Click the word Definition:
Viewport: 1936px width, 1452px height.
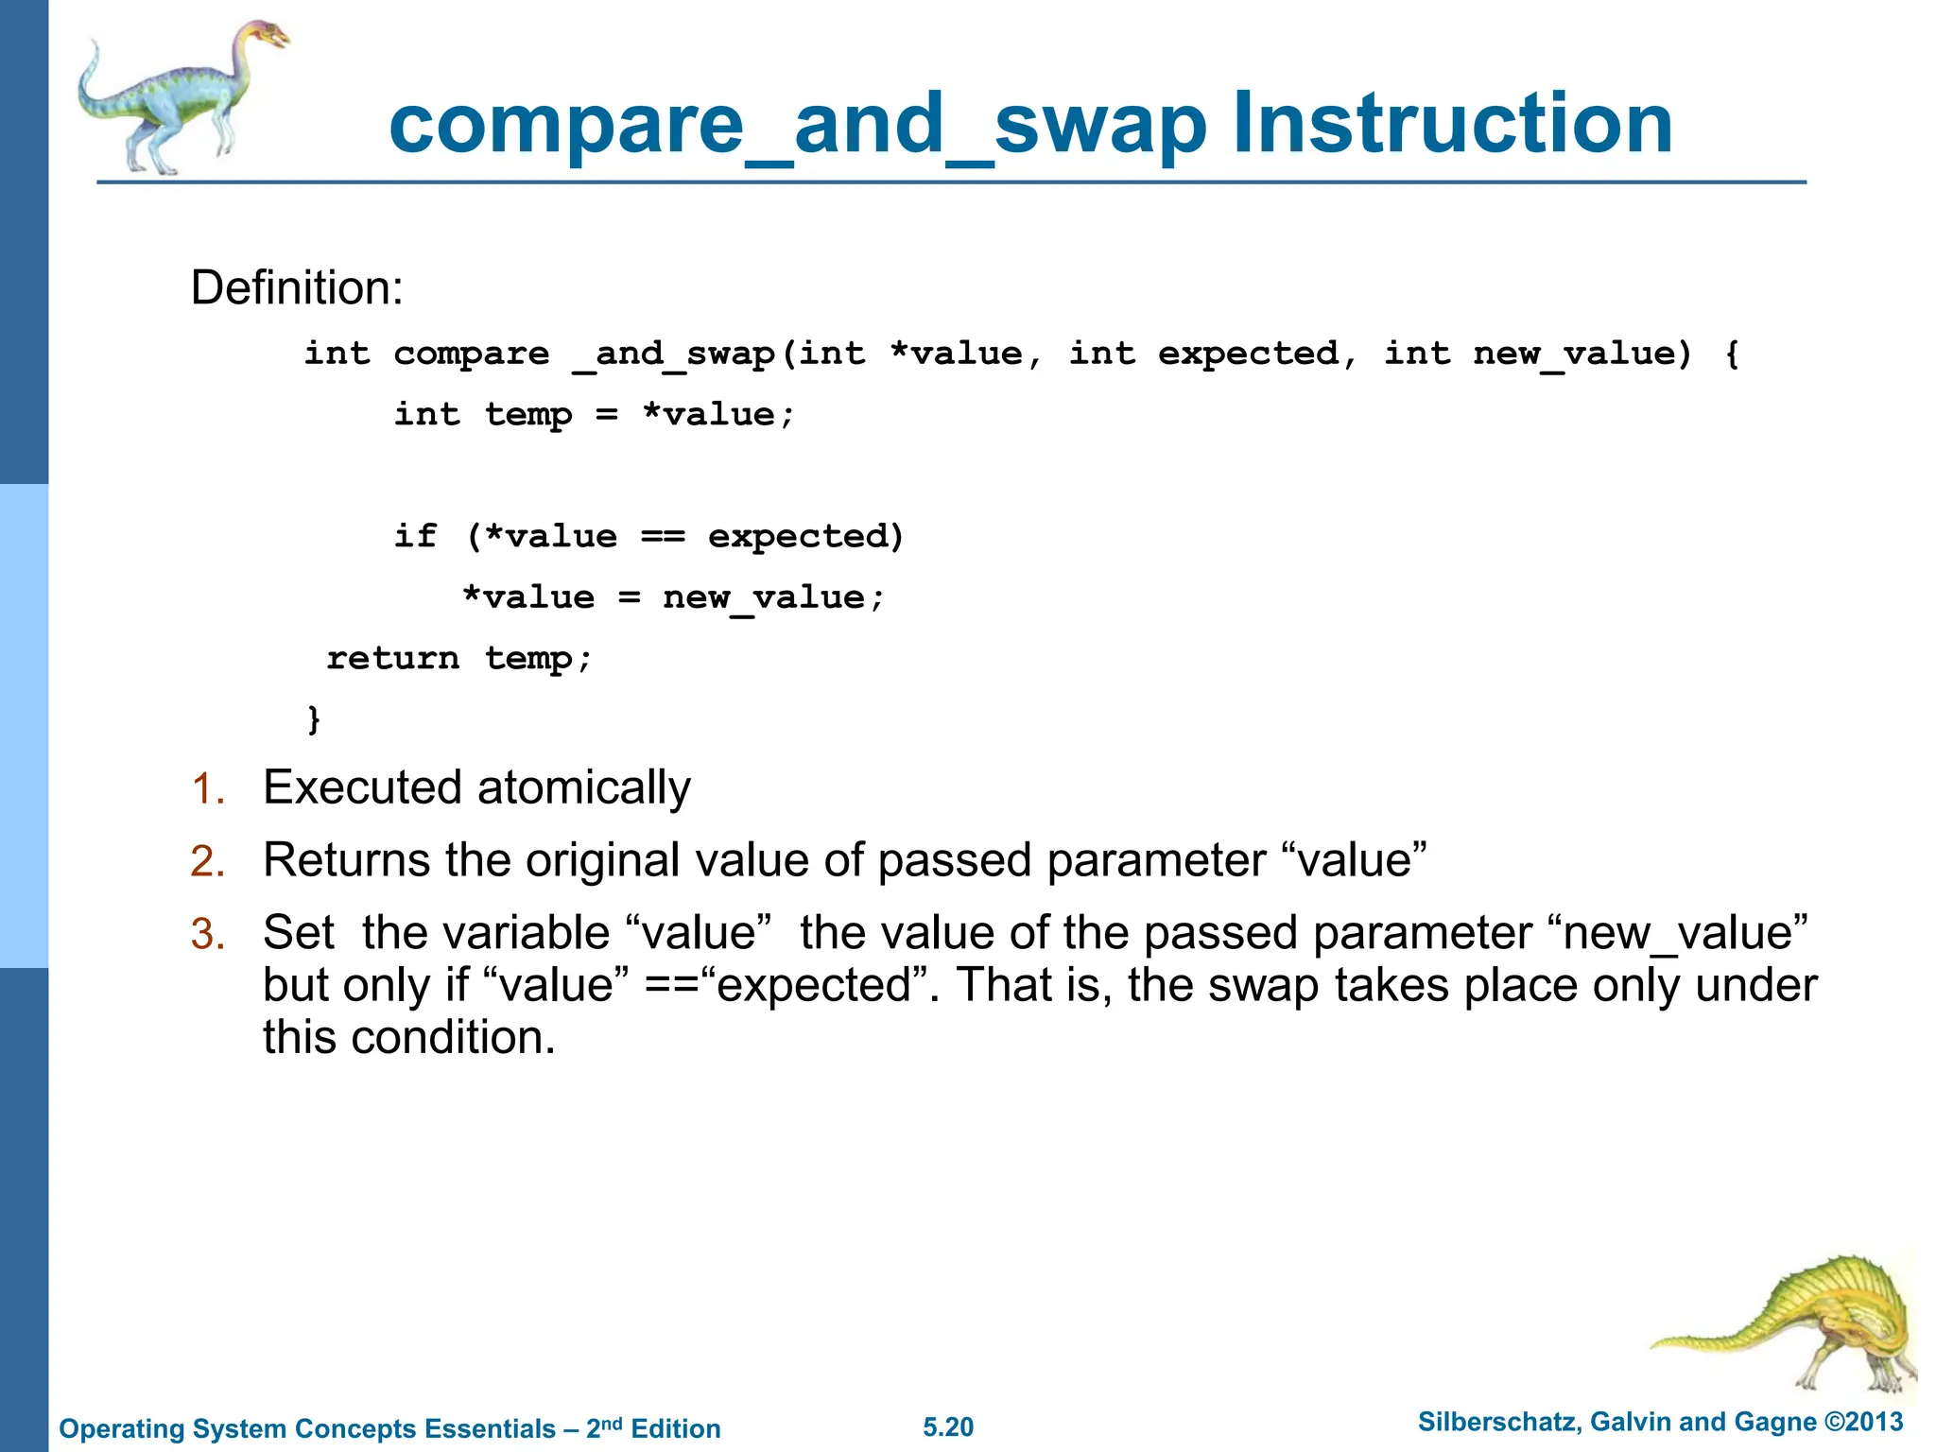point(297,287)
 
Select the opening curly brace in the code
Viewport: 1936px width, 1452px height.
point(1731,354)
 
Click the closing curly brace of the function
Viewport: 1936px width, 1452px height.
point(314,718)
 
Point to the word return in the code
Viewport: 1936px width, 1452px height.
point(393,658)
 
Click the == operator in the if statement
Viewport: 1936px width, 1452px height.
point(663,537)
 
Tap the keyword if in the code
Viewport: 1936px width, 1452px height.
point(416,537)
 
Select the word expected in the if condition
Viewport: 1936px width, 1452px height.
point(799,537)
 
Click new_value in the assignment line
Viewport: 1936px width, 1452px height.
point(764,597)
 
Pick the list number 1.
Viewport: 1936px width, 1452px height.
point(208,788)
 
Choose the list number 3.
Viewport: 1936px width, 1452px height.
point(208,934)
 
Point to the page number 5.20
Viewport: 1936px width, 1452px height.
point(948,1427)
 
